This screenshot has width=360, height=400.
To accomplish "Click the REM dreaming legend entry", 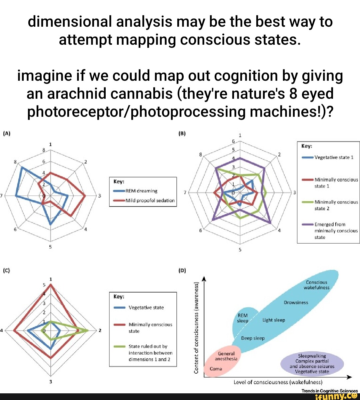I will tap(141, 191).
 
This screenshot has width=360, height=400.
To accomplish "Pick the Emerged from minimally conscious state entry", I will tap(336, 231).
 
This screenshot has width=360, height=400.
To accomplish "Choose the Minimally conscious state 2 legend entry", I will tap(336, 205).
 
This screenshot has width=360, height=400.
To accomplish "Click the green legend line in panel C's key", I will tap(119, 347).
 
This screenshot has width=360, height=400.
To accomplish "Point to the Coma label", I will tap(216, 369).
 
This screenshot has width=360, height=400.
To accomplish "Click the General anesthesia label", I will tap(226, 356).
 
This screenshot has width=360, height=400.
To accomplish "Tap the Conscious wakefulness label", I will tap(316, 285).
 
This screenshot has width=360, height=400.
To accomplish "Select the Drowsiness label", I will tap(296, 303).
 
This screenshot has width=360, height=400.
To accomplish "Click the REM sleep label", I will tap(243, 318).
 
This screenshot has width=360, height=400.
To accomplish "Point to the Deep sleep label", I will tap(253, 338).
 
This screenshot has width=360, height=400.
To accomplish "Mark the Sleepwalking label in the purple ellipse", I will tap(312, 356).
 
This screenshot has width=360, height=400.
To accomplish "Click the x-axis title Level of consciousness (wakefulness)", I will tap(278, 382).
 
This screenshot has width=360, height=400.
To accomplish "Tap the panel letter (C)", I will tap(7, 270).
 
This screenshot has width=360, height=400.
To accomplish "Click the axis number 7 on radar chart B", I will tap(185, 192).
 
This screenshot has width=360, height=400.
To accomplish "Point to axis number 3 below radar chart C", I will tap(51, 381).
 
